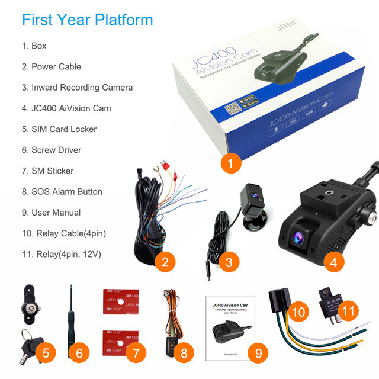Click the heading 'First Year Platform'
(x=87, y=20)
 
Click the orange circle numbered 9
(x=258, y=354)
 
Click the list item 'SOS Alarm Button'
(x=62, y=192)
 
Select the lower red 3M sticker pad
(x=120, y=339)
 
